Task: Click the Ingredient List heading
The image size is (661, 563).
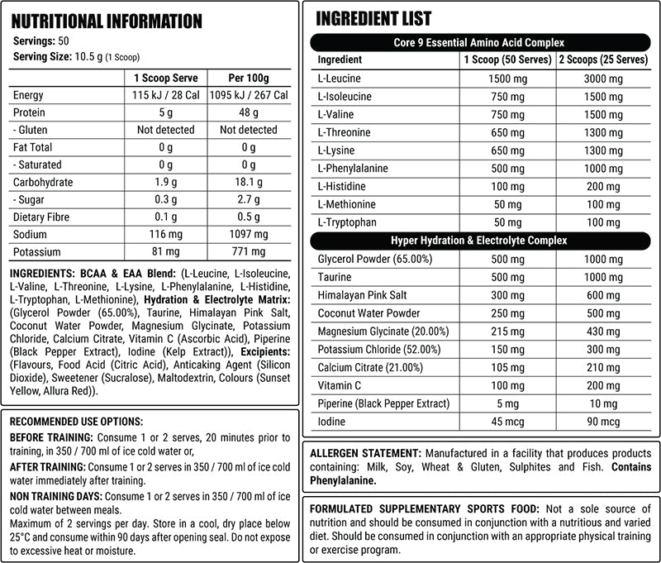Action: pos(373,18)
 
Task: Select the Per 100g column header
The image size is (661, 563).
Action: pos(247,78)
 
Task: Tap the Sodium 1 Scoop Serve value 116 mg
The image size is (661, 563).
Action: pos(165,235)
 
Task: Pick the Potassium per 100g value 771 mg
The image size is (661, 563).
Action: pos(247,252)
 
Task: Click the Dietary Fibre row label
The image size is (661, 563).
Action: pos(42,217)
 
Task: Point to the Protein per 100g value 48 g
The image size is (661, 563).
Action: pos(247,112)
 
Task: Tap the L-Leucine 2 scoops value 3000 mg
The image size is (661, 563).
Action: pos(603,79)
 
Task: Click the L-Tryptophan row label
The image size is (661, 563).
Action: pos(346,222)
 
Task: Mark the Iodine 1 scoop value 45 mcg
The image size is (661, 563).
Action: pos(509,422)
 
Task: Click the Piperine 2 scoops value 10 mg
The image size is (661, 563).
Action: pos(603,403)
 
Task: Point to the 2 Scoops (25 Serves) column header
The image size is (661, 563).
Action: pos(603,60)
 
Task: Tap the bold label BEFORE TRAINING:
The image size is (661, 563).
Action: pos(52,437)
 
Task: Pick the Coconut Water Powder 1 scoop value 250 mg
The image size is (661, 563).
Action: pos(509,313)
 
